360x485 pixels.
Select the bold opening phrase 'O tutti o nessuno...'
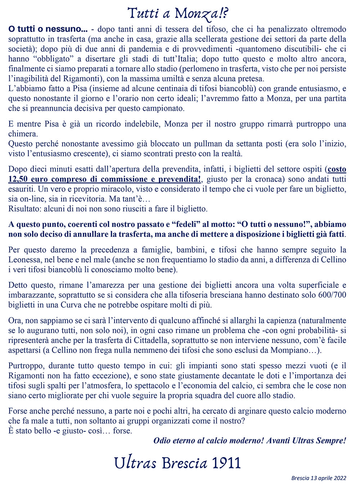48,29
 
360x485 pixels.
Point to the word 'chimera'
23,134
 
